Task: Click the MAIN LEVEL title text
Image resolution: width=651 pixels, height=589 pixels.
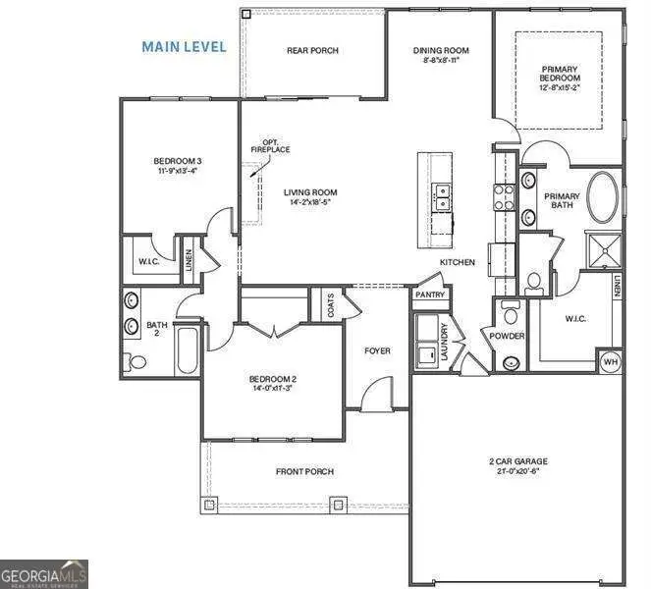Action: click(184, 46)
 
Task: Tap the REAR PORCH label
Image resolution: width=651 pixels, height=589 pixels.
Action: click(311, 51)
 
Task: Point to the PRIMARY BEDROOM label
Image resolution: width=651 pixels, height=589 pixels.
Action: click(560, 76)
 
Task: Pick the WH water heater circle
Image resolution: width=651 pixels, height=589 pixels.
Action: click(610, 360)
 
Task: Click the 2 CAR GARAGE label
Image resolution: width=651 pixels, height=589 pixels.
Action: click(517, 461)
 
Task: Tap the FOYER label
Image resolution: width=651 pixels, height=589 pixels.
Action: click(377, 350)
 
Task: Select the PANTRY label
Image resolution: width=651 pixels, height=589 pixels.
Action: click(430, 294)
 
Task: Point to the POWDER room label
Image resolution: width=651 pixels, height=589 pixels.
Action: click(509, 336)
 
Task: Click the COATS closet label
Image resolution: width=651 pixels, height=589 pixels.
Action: click(327, 304)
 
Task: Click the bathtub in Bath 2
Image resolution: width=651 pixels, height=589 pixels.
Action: click(189, 349)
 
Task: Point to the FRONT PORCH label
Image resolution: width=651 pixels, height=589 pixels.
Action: click(304, 472)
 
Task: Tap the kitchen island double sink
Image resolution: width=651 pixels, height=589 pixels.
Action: click(443, 197)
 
